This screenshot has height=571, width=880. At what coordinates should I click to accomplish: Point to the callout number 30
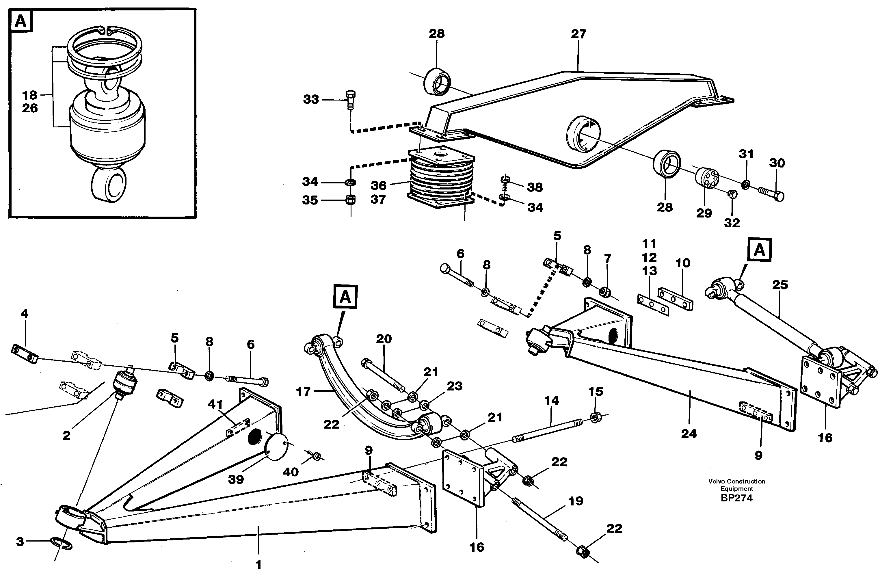(777, 163)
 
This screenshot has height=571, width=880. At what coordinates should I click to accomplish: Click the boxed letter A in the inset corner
(21, 21)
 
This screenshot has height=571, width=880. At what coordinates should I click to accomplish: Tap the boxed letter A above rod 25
(759, 250)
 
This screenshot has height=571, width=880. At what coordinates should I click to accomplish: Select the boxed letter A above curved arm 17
(345, 297)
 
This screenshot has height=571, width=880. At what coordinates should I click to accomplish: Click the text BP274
(736, 498)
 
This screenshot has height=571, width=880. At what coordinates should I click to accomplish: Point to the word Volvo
(716, 481)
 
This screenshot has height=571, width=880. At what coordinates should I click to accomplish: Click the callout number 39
(236, 479)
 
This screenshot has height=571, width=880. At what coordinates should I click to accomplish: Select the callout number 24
(689, 434)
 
